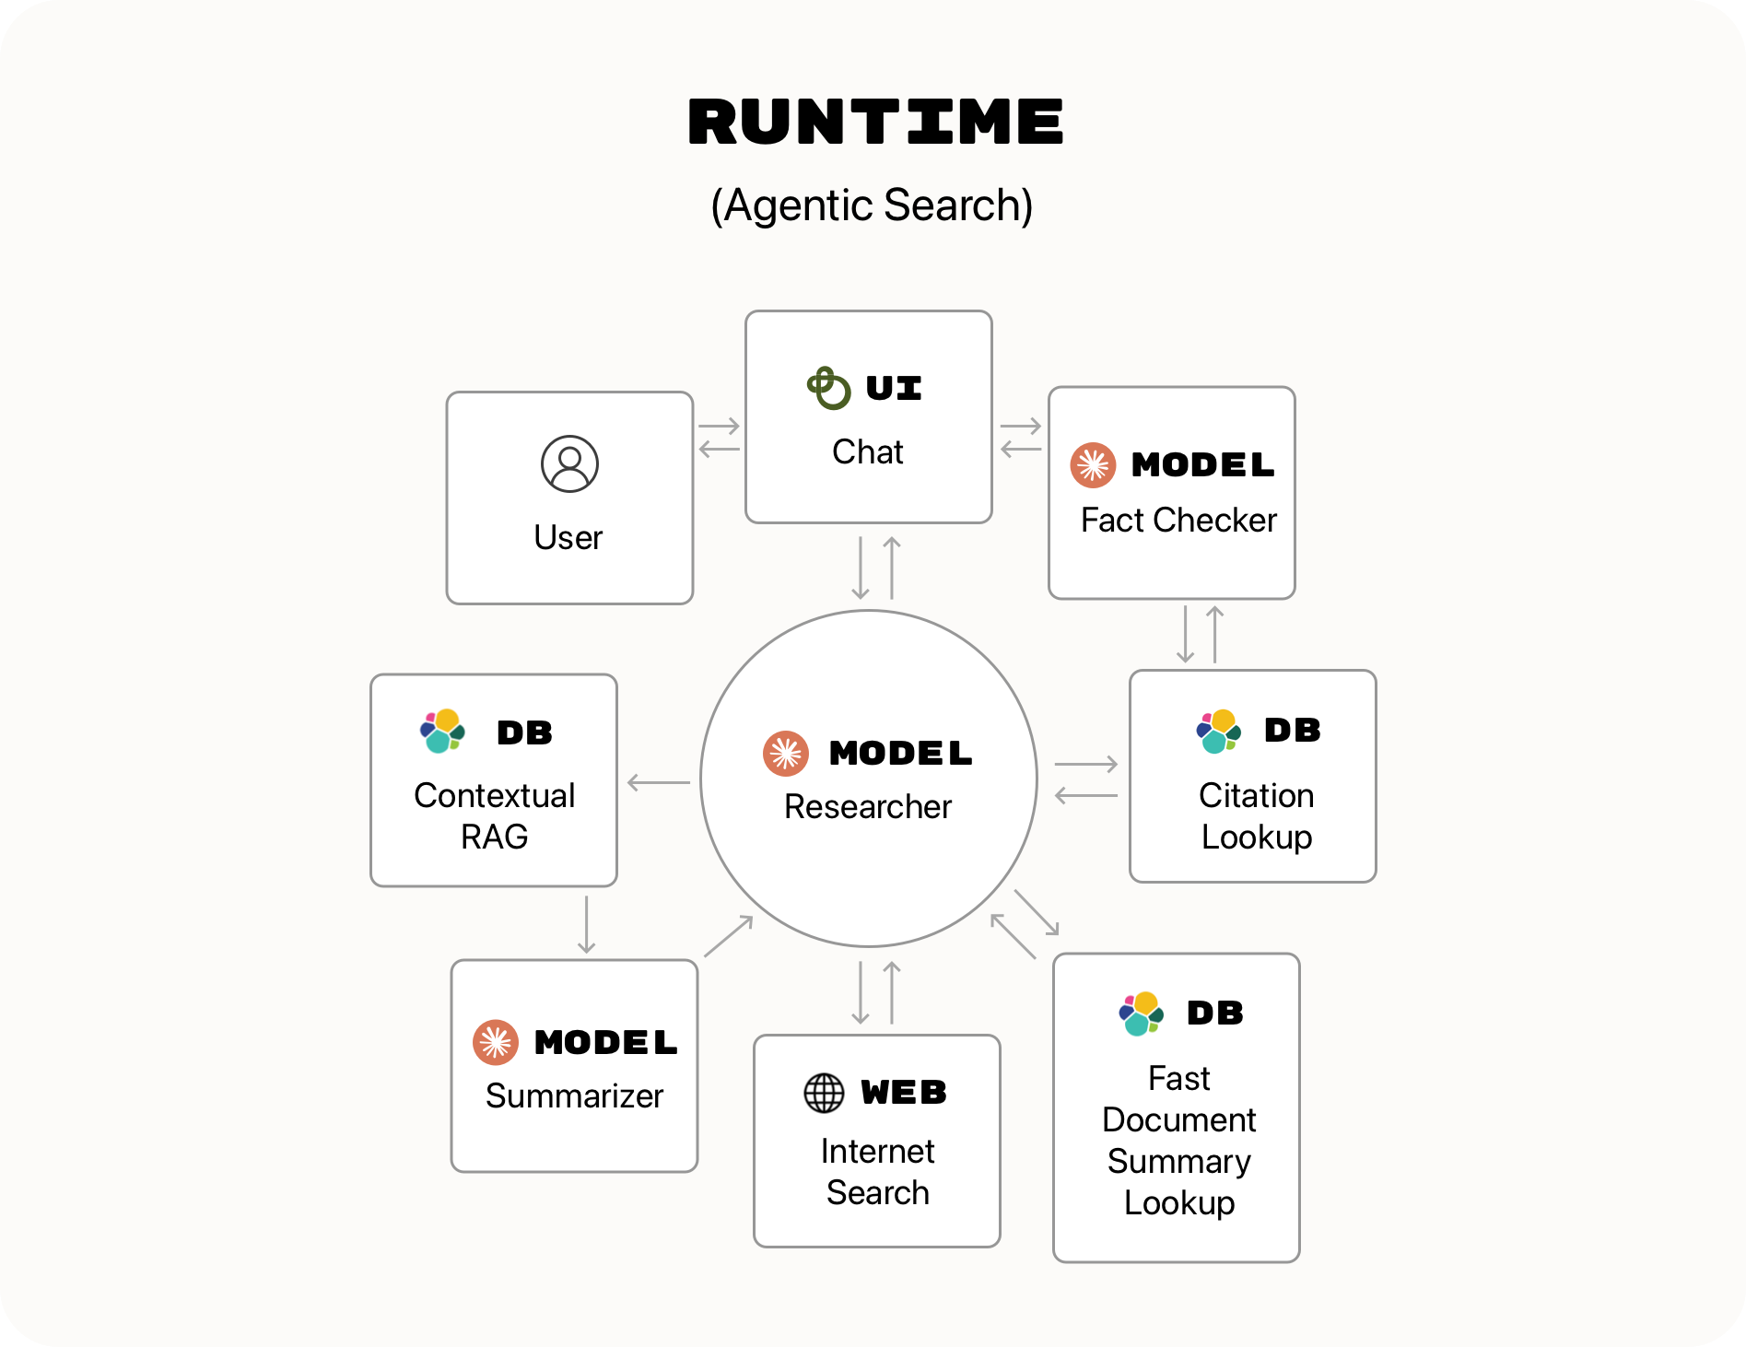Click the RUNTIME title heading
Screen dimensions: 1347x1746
click(x=875, y=123)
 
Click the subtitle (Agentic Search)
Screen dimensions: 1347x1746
click(x=872, y=205)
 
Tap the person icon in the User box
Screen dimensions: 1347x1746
click(x=569, y=463)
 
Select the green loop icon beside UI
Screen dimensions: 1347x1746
click(x=828, y=388)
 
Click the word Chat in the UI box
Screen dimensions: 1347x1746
click(x=867, y=451)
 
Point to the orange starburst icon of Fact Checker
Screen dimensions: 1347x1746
click(x=1093, y=465)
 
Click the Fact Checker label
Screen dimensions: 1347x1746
click(x=1178, y=521)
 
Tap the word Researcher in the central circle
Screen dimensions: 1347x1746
click(x=867, y=806)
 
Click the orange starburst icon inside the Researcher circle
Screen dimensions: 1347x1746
click(x=786, y=754)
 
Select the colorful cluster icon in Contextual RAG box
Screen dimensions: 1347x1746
click(x=442, y=732)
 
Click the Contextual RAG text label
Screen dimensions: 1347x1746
click(x=494, y=815)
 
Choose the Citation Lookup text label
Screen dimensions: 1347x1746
click(x=1256, y=815)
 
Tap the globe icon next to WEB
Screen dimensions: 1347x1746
click(x=824, y=1093)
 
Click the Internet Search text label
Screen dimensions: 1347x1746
click(x=877, y=1171)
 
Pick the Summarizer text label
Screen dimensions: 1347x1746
click(x=574, y=1095)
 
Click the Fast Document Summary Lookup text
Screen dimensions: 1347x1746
click(x=1178, y=1141)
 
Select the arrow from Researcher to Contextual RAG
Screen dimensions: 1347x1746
click(x=658, y=782)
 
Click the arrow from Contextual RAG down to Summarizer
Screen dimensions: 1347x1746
click(x=586, y=924)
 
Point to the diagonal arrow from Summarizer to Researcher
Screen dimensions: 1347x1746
click(x=729, y=935)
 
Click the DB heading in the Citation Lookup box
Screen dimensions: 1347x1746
click(x=1292, y=730)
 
